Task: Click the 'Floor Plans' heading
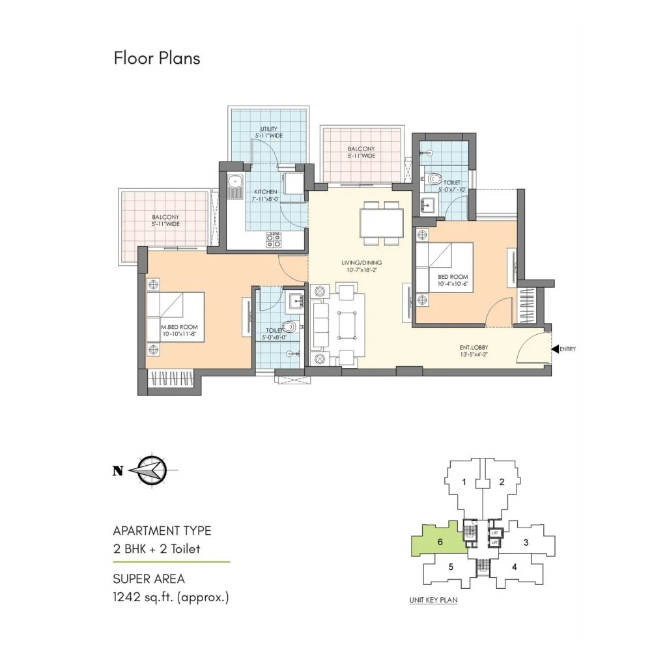pyautogui.click(x=157, y=58)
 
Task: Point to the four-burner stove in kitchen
pyautogui.click(x=274, y=240)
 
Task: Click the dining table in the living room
pyautogui.click(x=382, y=223)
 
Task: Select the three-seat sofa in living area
pyautogui.click(x=320, y=325)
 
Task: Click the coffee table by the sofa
pyautogui.click(x=347, y=325)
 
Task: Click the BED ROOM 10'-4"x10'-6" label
pyautogui.click(x=453, y=280)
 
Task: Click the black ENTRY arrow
pyautogui.click(x=555, y=349)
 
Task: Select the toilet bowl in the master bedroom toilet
pyautogui.click(x=289, y=327)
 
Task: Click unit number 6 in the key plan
pyautogui.click(x=440, y=541)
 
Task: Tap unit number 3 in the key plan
pyautogui.click(x=526, y=543)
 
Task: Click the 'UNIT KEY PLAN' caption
pyautogui.click(x=433, y=600)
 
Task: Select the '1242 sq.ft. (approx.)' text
pyautogui.click(x=171, y=597)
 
